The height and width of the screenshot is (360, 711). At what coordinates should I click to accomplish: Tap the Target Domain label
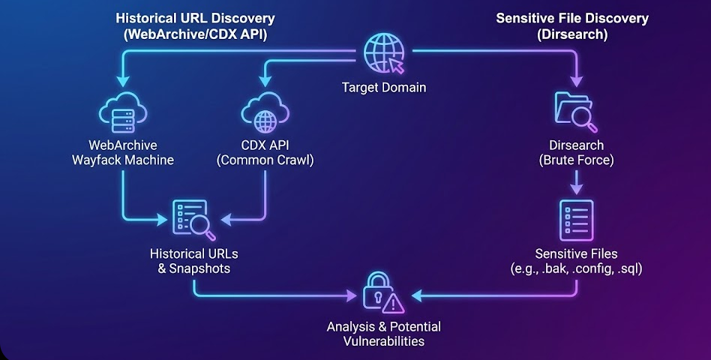tap(383, 88)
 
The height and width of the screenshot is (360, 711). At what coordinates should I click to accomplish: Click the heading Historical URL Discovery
tap(195, 18)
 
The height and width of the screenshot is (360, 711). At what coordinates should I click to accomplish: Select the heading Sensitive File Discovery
tap(571, 18)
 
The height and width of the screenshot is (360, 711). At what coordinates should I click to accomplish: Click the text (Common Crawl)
tap(264, 159)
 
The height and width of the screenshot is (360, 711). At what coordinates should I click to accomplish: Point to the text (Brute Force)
tap(576, 159)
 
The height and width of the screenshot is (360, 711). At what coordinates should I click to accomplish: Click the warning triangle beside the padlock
tap(393, 303)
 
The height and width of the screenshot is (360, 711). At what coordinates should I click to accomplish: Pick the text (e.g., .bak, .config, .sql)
tap(577, 268)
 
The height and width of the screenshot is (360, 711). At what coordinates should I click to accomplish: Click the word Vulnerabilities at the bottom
tap(383, 341)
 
